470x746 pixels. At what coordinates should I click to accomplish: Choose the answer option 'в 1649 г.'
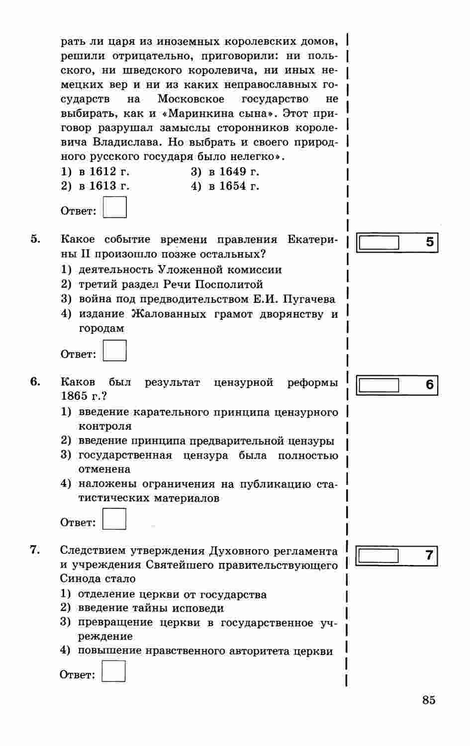(225, 172)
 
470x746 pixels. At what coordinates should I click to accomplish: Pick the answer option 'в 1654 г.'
(225, 186)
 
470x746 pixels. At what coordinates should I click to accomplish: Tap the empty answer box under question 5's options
(114, 351)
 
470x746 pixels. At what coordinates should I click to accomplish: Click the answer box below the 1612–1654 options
(115, 207)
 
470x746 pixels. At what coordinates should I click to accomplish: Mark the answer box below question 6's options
(114, 519)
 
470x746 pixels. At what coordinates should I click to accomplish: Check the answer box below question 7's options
(113, 671)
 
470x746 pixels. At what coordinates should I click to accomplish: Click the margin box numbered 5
(379, 243)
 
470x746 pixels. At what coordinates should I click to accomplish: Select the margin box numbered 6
(379, 385)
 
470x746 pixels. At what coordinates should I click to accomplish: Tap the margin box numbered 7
(378, 555)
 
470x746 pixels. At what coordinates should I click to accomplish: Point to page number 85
(429, 700)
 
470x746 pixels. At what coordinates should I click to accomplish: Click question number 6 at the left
(35, 381)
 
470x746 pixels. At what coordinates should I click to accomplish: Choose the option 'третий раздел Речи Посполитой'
(171, 284)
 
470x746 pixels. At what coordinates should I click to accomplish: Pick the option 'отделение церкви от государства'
(172, 594)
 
